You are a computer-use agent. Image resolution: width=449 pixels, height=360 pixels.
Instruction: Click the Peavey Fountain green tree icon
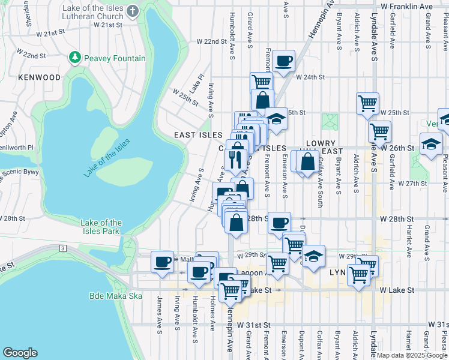(75, 58)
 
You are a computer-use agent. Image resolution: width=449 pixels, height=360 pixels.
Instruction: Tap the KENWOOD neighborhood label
(40, 77)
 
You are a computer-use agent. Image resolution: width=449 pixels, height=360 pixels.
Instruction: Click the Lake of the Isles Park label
(101, 227)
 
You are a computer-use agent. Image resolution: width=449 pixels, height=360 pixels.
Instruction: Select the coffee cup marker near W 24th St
(283, 61)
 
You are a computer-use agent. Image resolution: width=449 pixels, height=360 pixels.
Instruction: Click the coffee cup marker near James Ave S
(162, 262)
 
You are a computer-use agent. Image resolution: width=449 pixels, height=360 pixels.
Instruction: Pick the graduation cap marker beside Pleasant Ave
(431, 144)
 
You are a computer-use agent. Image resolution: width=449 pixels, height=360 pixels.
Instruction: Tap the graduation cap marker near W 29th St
(313, 256)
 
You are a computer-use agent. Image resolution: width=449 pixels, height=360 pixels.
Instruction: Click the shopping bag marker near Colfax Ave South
(307, 161)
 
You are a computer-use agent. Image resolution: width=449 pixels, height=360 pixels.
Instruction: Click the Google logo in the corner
(20, 353)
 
